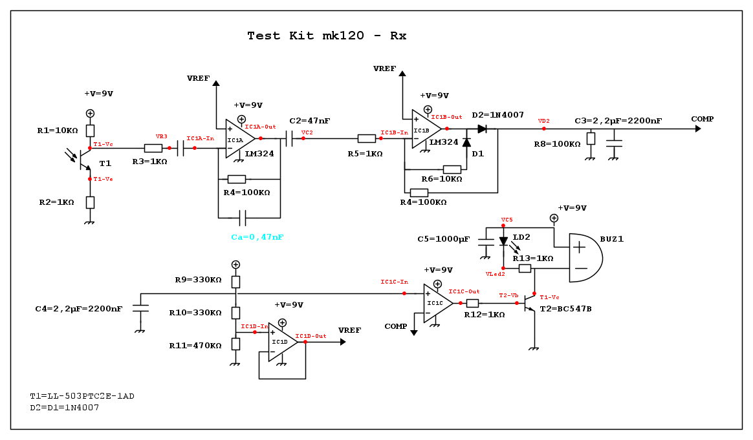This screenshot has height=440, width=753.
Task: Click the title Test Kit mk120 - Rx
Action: [327, 36]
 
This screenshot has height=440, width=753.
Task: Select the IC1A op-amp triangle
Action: [239, 139]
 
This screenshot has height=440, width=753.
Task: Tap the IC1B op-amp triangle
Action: [426, 129]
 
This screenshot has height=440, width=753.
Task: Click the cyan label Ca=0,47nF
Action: [257, 237]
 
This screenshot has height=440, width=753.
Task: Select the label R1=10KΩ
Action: [58, 131]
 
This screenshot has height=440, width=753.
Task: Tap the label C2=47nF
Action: [310, 121]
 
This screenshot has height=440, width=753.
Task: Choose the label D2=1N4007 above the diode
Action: [497, 114]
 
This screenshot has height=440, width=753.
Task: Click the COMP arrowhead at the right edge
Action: [697, 129]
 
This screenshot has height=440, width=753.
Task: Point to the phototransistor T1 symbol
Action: [83, 159]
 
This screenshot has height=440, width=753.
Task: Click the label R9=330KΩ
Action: [199, 280]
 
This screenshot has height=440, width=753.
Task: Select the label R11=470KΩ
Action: [195, 346]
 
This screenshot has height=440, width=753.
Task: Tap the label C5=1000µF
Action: [443, 239]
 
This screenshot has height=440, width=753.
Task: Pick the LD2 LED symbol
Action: [504, 242]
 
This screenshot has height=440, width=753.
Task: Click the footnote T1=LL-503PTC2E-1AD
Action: [82, 395]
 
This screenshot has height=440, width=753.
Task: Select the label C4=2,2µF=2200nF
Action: [78, 309]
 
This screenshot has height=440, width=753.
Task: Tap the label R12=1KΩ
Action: [484, 315]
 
